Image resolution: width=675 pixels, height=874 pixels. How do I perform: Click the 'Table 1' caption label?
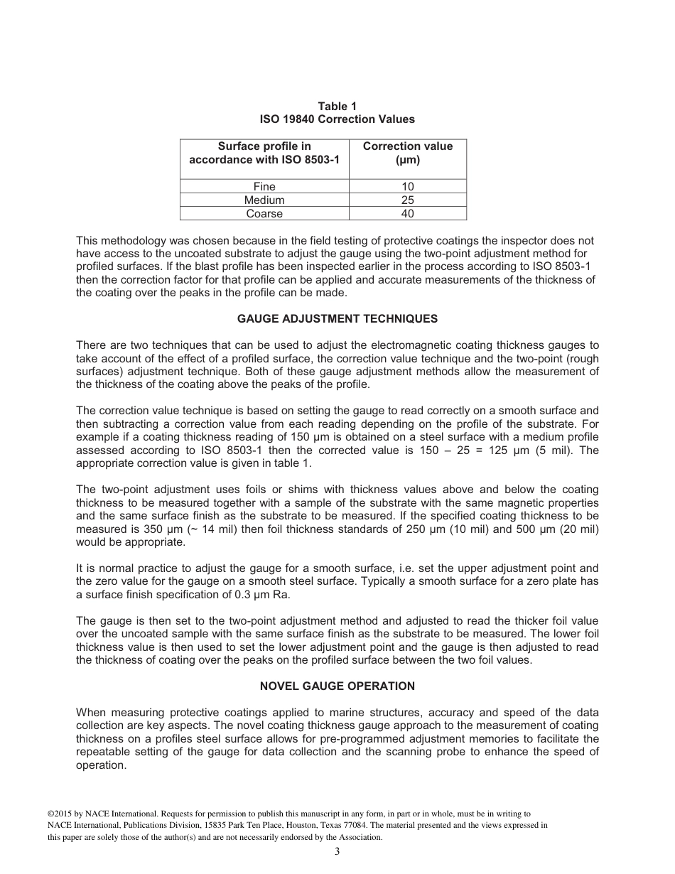[x=337, y=107]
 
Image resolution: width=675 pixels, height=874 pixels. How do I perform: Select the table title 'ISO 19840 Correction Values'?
[x=337, y=119]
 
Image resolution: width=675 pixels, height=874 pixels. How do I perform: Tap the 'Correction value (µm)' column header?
[x=407, y=153]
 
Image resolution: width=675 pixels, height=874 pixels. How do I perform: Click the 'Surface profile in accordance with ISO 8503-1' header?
[x=264, y=153]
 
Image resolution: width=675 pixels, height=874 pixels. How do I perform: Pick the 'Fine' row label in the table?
[x=264, y=187]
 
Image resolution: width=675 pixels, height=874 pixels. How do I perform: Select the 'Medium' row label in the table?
[x=264, y=200]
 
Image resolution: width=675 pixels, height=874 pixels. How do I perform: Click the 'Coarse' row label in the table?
[x=264, y=214]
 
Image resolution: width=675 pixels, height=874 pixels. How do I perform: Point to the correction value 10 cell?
[x=407, y=187]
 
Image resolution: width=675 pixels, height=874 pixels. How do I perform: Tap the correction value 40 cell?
[x=407, y=214]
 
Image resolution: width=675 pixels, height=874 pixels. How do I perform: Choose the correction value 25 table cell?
[x=407, y=200]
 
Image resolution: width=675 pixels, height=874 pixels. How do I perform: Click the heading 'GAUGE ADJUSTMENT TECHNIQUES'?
[x=337, y=318]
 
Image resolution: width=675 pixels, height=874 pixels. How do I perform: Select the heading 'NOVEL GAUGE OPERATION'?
[x=337, y=686]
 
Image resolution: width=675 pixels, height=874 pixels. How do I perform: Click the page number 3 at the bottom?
[x=337, y=852]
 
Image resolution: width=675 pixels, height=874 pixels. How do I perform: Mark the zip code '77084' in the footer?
[x=354, y=826]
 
